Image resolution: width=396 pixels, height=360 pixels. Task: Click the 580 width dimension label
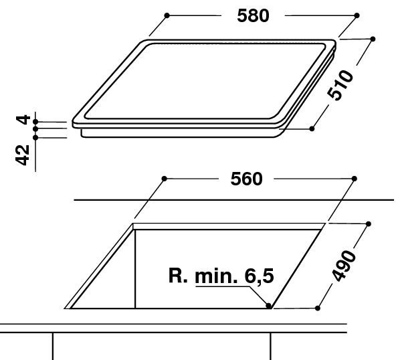tap(253, 15)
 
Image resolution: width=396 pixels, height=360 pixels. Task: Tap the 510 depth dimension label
tap(340, 86)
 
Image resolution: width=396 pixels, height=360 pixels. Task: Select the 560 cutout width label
tap(246, 179)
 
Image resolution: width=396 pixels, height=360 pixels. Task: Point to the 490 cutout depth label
tap(344, 266)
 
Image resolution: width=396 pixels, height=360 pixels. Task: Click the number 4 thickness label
tap(23, 120)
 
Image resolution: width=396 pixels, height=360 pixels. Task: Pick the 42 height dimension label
tap(23, 155)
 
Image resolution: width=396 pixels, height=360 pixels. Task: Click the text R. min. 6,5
tap(221, 276)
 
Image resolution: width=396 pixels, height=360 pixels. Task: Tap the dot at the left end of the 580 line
tap(167, 15)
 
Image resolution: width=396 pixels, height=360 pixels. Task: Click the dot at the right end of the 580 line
tap(357, 15)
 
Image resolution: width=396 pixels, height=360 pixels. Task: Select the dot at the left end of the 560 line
tap(164, 179)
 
